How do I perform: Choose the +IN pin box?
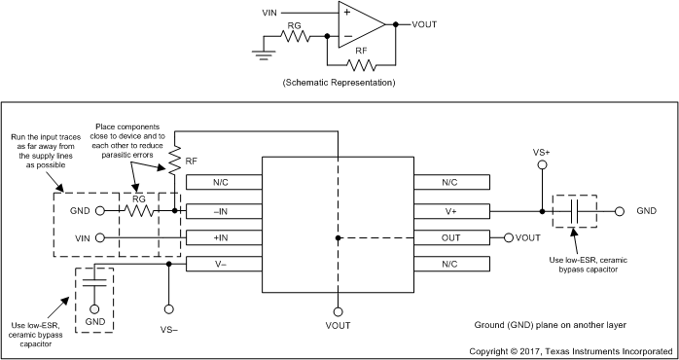(223, 236)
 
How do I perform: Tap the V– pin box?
(223, 263)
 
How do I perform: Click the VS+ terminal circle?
(542, 165)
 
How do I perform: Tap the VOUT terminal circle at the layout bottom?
(338, 311)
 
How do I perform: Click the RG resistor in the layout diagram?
(139, 209)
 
